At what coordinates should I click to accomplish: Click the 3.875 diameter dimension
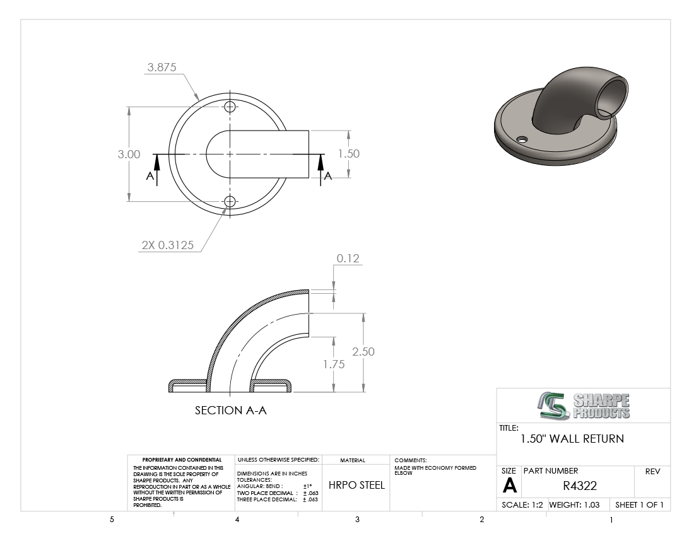162,67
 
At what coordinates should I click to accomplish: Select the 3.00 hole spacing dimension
129,154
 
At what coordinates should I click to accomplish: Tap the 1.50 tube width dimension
349,153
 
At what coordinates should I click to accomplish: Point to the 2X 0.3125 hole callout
168,245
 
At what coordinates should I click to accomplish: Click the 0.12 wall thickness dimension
348,259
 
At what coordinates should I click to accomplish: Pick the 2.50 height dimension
363,352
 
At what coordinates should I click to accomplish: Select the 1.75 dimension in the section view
334,364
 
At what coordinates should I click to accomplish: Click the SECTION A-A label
230,411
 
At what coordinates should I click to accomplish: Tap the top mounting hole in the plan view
230,107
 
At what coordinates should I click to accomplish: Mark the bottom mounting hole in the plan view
230,202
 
